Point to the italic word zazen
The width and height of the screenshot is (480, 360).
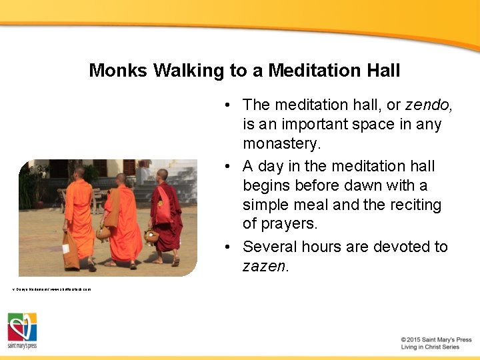[265, 267]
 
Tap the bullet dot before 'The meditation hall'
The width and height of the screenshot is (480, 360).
[228, 105]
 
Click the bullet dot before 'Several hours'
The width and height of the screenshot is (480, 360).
[228, 247]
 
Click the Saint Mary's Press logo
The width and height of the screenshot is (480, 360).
[22, 331]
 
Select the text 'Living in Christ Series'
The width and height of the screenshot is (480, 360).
[430, 347]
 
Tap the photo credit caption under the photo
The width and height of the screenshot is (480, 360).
[51, 289]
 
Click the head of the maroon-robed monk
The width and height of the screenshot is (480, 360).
[163, 175]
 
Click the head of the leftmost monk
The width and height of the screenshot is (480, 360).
[79, 172]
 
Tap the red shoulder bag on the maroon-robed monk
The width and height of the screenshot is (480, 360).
[162, 211]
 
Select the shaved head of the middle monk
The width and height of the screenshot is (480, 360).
[121, 179]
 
